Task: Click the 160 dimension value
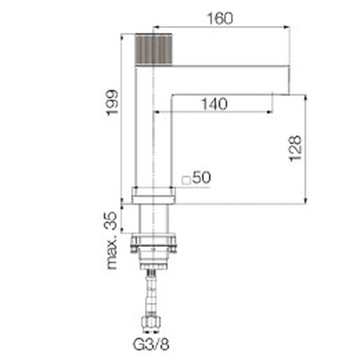point(220,19)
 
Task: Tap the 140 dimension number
point(215,104)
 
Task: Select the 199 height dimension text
point(112,103)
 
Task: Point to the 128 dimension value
point(295,148)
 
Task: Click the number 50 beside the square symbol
point(202,177)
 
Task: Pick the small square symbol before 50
point(186,181)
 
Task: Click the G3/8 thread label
point(151,344)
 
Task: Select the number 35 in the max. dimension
point(111,220)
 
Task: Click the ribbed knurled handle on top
point(153,49)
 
